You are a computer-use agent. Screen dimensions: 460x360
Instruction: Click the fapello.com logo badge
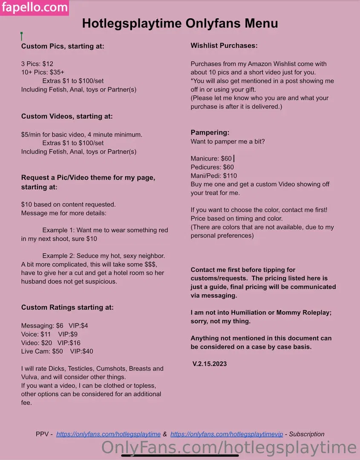tap(35, 8)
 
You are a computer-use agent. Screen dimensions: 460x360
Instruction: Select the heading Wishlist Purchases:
tap(224, 46)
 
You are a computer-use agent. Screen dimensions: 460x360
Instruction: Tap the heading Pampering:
tap(210, 132)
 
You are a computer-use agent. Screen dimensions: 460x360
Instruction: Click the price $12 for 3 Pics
tap(48, 64)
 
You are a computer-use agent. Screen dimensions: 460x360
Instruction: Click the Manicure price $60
tap(226, 158)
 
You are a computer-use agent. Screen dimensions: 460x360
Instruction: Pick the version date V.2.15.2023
tap(210, 364)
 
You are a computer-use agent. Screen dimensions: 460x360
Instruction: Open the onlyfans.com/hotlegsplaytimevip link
tap(227, 434)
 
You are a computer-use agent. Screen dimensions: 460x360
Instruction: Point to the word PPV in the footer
tap(42, 434)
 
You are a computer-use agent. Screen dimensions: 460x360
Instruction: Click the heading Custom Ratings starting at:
tap(67, 307)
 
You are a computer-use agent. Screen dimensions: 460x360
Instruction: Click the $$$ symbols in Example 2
tap(150, 264)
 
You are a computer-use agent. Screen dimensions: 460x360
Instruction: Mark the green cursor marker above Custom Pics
tap(21, 36)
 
